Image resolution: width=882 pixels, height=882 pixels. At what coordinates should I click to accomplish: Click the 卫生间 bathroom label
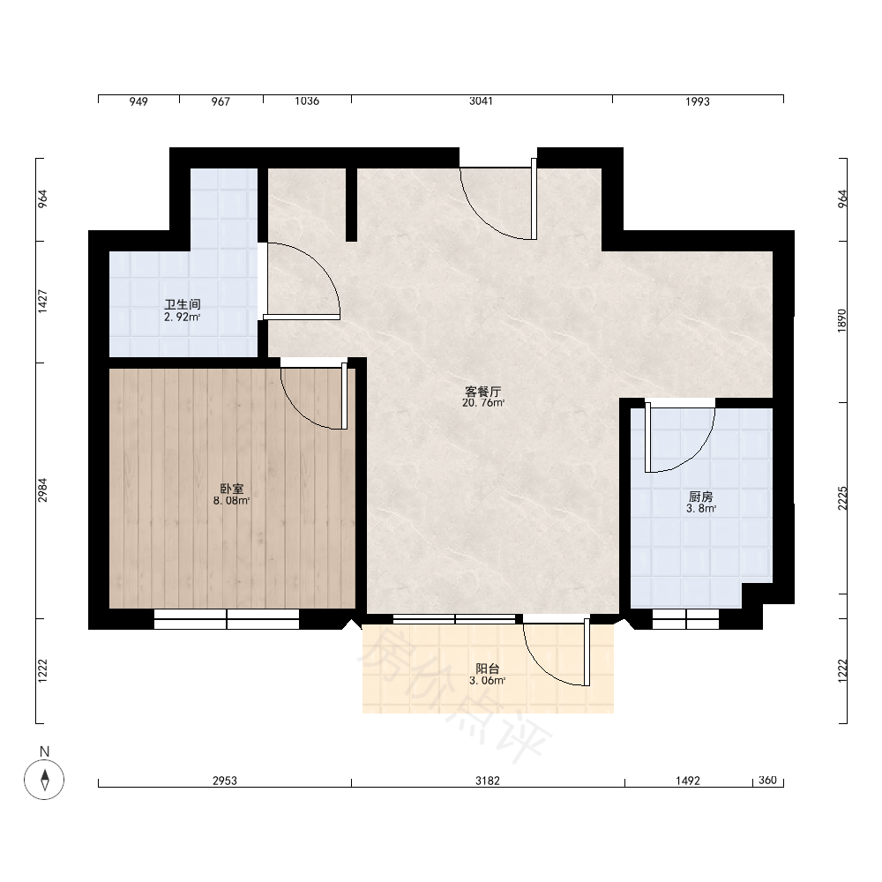[x=183, y=304]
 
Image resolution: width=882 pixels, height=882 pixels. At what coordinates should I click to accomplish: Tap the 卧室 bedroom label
[x=232, y=489]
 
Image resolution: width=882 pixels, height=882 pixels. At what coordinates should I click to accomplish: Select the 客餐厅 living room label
[x=482, y=392]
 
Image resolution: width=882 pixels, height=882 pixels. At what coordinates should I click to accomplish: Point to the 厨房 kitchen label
[x=700, y=497]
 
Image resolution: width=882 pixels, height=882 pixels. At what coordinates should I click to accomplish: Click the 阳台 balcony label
[x=487, y=669]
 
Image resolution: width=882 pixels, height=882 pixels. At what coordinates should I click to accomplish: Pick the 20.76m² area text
[x=483, y=403]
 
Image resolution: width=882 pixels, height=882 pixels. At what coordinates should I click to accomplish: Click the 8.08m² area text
[x=231, y=501]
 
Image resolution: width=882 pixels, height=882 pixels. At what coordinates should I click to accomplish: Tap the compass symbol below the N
[x=44, y=780]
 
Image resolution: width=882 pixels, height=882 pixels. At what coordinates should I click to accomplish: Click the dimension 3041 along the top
[x=481, y=101]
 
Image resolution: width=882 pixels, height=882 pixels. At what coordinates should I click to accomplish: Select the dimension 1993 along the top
[x=698, y=101]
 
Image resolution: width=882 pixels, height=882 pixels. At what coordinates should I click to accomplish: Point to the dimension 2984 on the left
[x=42, y=490]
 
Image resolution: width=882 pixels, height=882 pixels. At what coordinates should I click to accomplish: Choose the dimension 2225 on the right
[x=842, y=497]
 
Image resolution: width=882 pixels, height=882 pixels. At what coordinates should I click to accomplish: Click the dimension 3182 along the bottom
[x=487, y=781]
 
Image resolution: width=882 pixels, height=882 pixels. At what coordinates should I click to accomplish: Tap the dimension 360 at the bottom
[x=767, y=780]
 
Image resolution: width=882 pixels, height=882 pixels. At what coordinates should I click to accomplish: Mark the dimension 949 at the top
[x=138, y=101]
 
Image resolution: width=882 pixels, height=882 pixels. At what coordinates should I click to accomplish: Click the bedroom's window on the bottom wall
[x=227, y=619]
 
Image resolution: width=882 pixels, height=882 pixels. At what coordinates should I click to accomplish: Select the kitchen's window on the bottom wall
[x=685, y=619]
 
